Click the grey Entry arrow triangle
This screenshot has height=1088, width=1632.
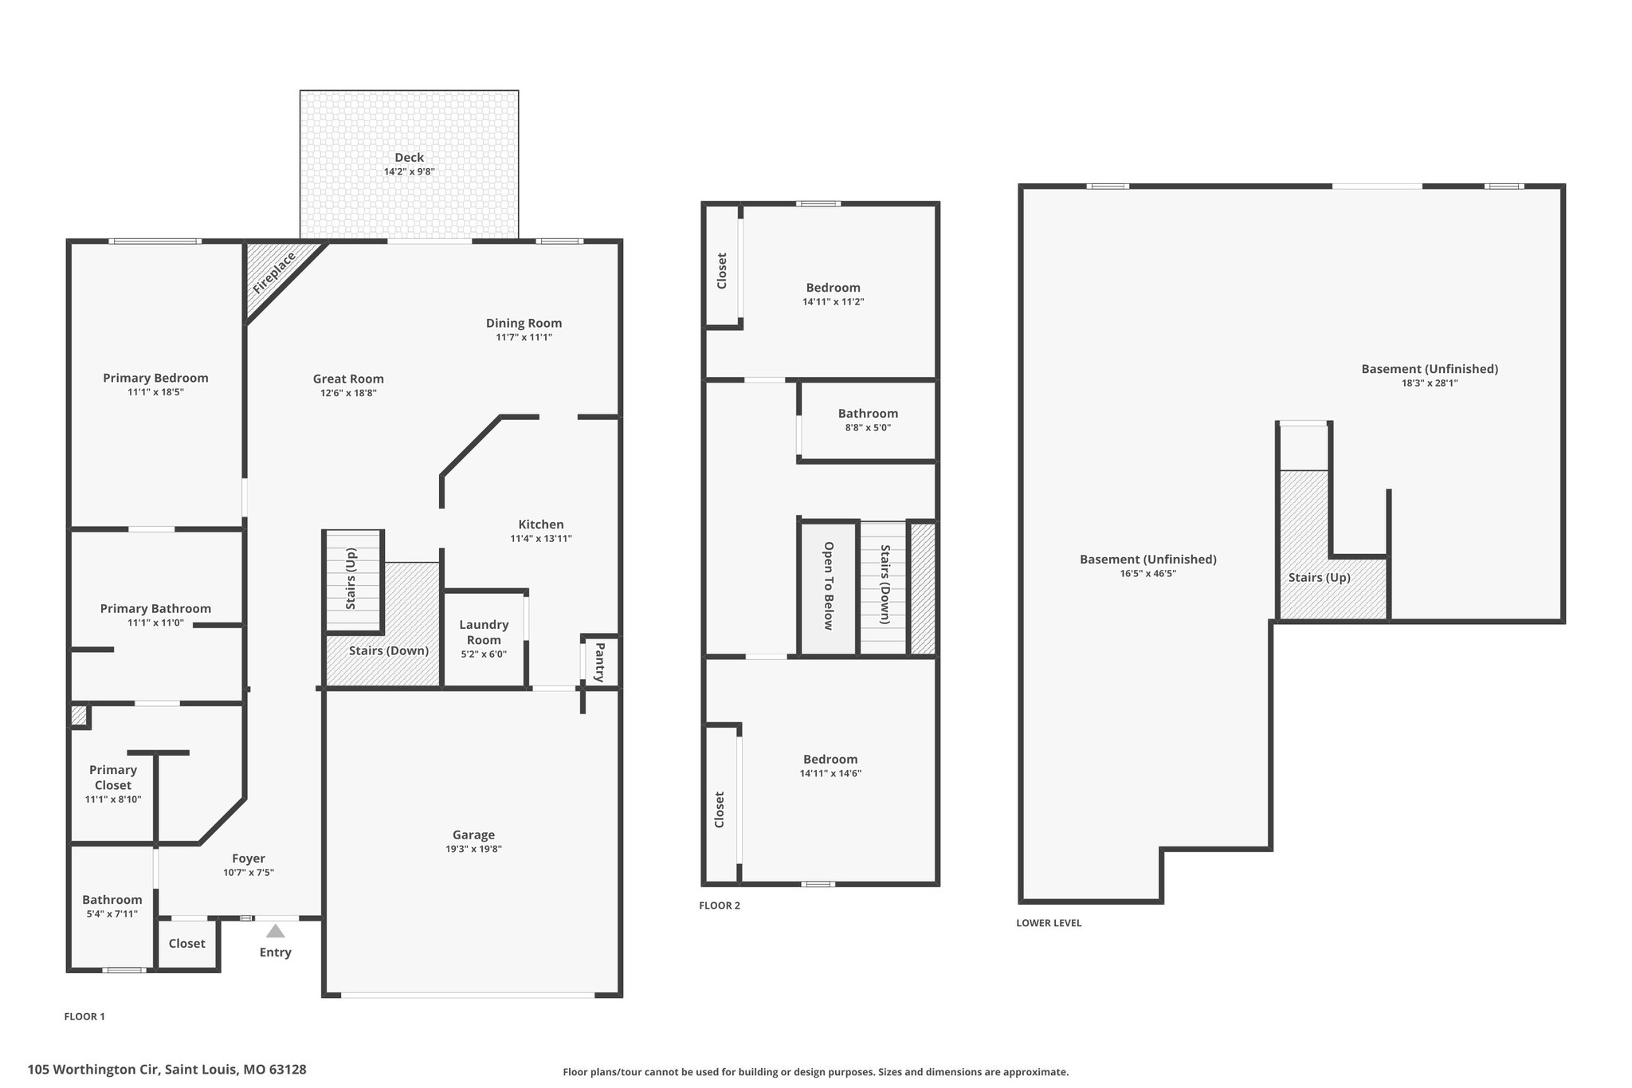275,931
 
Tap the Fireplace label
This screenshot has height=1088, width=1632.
274,273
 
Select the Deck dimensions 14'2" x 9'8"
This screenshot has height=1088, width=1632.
410,171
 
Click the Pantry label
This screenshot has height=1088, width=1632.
600,662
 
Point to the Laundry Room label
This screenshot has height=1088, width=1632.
484,632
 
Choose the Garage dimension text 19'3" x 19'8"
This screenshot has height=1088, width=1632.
473,849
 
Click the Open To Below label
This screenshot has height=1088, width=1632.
829,586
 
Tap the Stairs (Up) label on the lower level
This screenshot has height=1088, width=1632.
1320,577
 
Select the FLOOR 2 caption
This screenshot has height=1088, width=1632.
720,905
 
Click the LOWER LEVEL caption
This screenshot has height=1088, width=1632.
1049,923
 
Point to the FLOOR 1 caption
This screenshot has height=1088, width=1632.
84,1016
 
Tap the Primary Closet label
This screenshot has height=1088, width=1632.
113,777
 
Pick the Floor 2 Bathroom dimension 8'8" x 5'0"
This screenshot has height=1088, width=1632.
868,427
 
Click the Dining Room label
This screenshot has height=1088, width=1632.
524,323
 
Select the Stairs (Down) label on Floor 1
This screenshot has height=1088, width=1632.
389,650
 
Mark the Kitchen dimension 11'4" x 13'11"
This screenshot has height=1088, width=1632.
541,538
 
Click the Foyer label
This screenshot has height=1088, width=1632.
249,858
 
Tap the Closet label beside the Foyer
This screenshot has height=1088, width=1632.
187,943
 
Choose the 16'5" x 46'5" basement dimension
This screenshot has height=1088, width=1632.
1148,573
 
